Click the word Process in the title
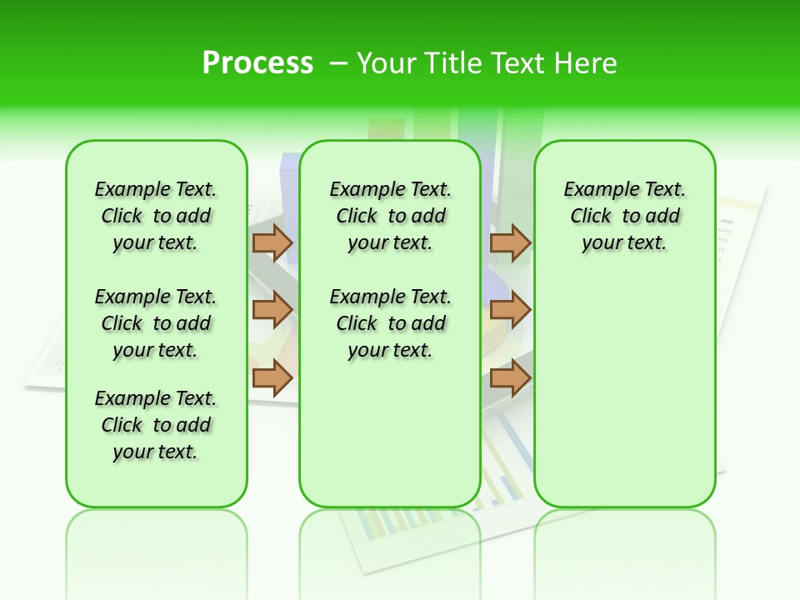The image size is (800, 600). [257, 62]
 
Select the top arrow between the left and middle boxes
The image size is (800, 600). [272, 242]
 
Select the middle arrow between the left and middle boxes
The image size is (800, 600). [272, 310]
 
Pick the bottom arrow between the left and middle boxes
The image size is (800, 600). [272, 377]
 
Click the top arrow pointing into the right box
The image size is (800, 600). [510, 242]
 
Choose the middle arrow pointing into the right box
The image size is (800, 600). [510, 310]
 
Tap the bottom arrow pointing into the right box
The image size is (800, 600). [510, 377]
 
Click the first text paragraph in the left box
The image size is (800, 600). [156, 216]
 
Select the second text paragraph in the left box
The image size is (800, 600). [156, 323]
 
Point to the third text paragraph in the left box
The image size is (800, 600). [156, 425]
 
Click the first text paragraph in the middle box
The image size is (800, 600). [391, 216]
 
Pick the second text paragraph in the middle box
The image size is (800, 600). [391, 323]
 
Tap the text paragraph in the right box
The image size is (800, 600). [625, 216]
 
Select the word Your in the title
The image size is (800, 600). [387, 63]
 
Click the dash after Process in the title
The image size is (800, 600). [338, 63]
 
